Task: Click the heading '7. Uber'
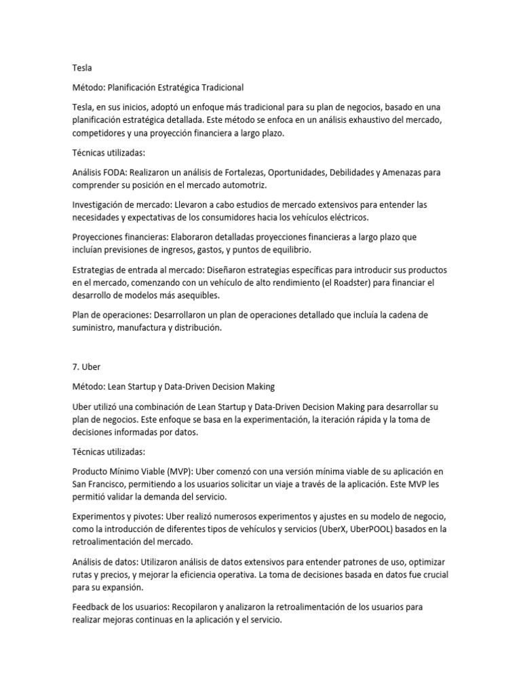click(x=85, y=367)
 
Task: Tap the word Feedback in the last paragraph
click(x=92, y=607)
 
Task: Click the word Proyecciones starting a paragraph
click(x=100, y=238)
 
